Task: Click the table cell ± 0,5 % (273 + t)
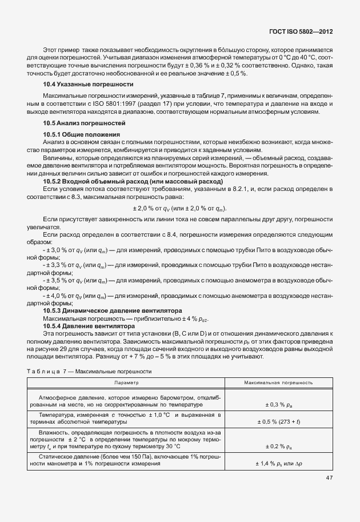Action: pos(278,421)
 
